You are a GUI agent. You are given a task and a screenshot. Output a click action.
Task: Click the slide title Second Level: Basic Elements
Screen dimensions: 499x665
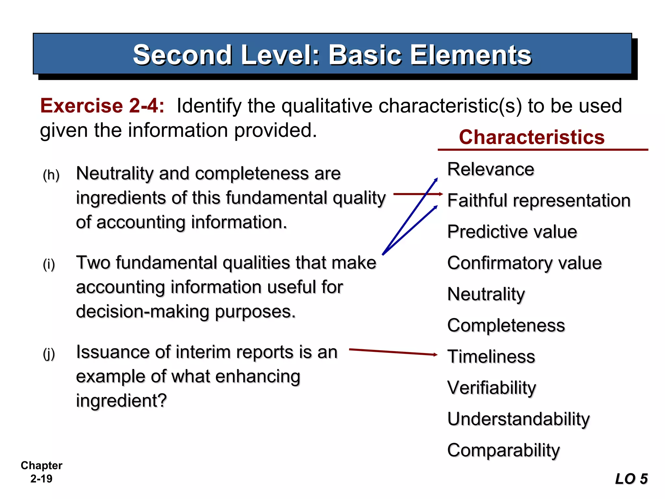click(332, 55)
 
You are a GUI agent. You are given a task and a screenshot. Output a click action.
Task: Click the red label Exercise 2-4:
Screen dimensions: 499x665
click(102, 106)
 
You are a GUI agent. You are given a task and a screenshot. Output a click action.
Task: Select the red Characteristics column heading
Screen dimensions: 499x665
click(532, 137)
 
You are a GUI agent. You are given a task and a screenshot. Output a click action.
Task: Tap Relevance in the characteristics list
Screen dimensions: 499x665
click(491, 169)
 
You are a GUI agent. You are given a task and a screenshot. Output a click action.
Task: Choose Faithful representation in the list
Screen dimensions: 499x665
click(539, 200)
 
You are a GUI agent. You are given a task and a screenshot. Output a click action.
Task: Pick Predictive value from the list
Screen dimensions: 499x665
click(512, 232)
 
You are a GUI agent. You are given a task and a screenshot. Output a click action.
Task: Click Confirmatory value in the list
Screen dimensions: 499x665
click(524, 263)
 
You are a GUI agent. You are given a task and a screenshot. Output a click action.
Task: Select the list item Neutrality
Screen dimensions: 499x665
click(486, 294)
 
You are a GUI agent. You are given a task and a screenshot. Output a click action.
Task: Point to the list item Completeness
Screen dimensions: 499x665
click(506, 325)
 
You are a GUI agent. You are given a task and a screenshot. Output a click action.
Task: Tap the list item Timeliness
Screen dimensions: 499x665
click(491, 356)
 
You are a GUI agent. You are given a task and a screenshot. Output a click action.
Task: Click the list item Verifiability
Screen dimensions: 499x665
click(492, 388)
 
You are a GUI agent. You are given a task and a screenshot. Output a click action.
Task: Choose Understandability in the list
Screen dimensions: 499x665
click(518, 419)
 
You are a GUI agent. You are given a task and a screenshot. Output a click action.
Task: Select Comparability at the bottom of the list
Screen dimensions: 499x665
click(503, 450)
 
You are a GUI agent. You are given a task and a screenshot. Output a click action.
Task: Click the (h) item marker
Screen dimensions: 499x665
click(51, 175)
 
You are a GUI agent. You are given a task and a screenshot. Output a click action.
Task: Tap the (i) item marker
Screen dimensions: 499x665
click(49, 264)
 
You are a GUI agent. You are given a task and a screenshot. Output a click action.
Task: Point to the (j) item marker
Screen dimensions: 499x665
click(49, 354)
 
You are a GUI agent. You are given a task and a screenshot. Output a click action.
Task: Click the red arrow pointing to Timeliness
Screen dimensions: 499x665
click(393, 352)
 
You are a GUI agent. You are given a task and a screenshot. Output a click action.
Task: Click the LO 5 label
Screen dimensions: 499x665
click(631, 479)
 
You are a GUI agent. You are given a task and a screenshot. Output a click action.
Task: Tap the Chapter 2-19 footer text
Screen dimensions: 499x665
click(41, 472)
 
